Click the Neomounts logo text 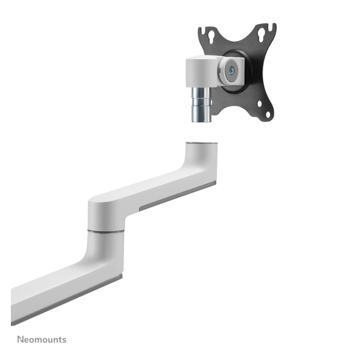coord(42,339)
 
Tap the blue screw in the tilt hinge coord(232,70)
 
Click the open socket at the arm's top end coord(202,144)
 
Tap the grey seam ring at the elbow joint coord(106,231)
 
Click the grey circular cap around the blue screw coord(232,70)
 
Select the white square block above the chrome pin coord(202,72)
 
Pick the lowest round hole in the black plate coord(268,114)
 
